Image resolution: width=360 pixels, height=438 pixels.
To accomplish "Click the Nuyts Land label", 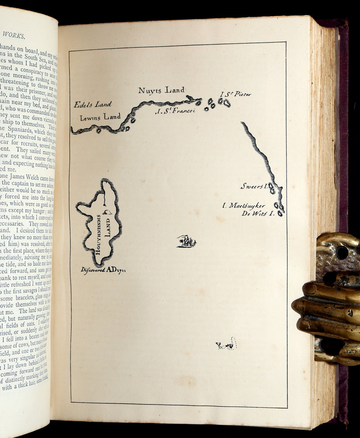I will click(161, 90).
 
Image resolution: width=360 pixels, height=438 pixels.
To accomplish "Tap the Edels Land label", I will click(93, 104).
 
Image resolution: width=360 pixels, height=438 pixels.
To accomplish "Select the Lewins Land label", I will click(100, 117).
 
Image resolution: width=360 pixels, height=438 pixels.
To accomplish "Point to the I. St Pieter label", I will click(235, 94).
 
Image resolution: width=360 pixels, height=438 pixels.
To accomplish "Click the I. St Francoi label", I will click(175, 111).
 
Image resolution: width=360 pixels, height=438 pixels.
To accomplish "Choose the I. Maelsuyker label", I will click(244, 205).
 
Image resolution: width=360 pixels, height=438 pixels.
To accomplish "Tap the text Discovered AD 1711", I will click(103, 270).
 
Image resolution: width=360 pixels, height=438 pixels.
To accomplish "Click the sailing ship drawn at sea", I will click(186, 242).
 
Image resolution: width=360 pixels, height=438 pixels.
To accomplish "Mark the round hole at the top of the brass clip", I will click(342, 252).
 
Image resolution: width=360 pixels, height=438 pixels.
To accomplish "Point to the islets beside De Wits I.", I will click(279, 209).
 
